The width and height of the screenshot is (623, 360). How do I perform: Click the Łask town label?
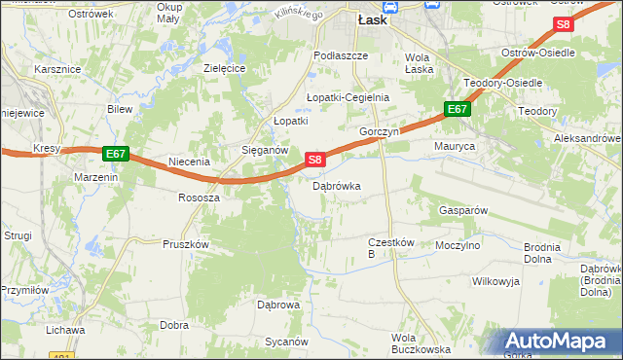point(374,18)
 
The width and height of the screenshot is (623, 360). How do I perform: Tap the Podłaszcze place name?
point(341,55)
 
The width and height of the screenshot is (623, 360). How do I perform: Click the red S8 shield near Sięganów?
point(313,159)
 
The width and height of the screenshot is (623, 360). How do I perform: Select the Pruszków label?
point(187,245)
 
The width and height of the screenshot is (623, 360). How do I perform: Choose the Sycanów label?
point(287,342)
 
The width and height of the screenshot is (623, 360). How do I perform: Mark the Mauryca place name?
point(454,146)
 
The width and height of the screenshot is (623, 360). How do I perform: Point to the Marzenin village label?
point(96,177)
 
